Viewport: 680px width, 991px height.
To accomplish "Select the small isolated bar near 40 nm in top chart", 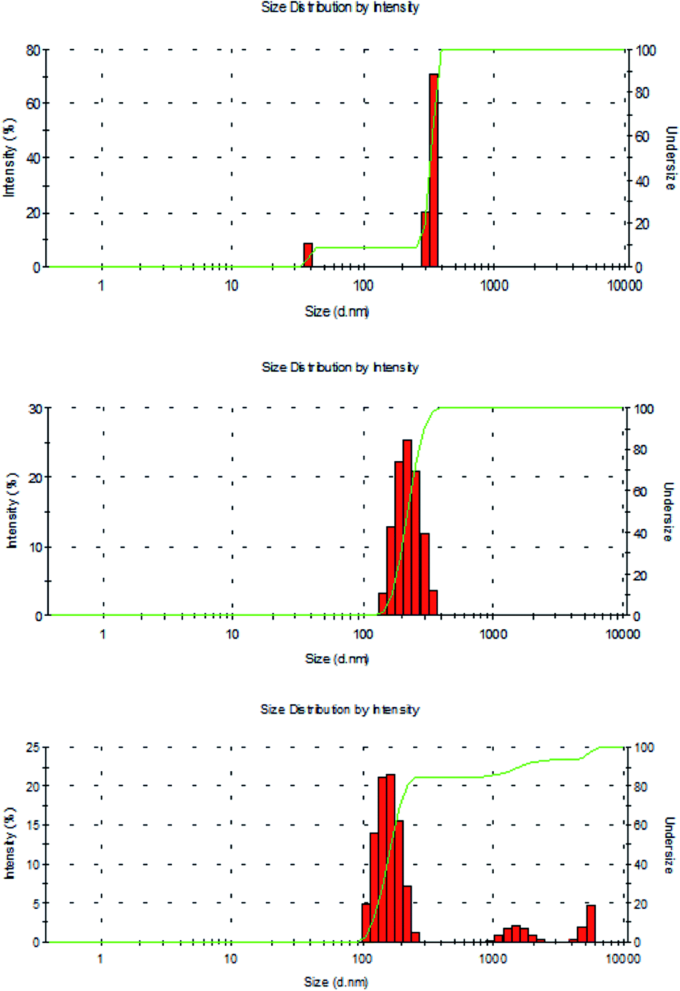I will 308,255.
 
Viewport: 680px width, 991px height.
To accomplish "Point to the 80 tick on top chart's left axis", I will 33,50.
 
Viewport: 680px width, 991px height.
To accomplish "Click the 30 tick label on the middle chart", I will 35,409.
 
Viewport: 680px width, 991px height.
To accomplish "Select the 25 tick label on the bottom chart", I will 33,747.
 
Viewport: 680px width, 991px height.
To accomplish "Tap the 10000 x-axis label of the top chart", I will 624,285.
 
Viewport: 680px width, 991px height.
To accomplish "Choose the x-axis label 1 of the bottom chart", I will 100,958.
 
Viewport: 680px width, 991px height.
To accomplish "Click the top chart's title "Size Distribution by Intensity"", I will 340,7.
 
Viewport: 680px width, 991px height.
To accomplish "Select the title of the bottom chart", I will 340,709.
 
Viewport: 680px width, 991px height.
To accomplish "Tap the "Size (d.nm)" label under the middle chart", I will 337,659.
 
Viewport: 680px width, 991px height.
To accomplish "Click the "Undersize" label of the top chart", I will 671,158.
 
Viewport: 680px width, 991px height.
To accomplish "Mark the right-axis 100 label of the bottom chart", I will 644,747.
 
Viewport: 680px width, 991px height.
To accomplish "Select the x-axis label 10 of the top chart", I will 231,285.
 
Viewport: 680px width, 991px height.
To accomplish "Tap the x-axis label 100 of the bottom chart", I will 362,958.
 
